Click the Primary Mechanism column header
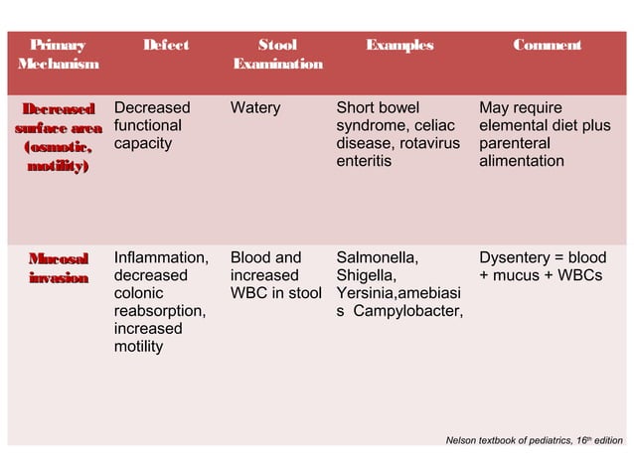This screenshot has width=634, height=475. [57, 54]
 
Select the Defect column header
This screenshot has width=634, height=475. [165, 45]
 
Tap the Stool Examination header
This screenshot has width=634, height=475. [277, 54]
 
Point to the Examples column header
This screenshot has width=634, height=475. [399, 45]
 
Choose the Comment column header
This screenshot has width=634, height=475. [548, 45]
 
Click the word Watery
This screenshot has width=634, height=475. [255, 107]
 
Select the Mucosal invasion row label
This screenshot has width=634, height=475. [57, 266]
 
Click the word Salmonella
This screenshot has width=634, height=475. [377, 257]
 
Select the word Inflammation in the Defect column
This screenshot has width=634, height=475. [161, 257]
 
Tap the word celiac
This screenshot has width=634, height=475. [433, 125]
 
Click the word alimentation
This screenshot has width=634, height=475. [522, 161]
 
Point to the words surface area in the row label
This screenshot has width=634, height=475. [57, 126]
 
